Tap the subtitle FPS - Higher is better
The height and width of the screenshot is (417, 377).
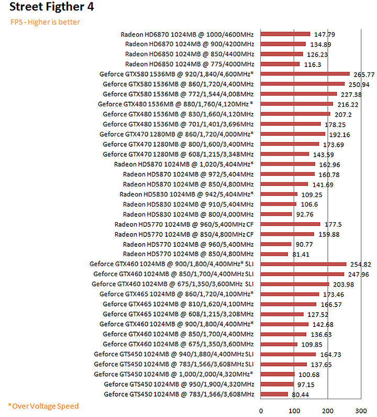coord(46,22)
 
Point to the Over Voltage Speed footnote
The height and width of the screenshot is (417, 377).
coord(43,406)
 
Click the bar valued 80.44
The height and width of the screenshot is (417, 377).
coord(274,394)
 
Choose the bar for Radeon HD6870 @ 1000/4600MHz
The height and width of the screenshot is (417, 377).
coord(285,34)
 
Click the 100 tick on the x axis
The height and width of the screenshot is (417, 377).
coord(294,410)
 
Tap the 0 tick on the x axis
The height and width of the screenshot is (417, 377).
coord(261,410)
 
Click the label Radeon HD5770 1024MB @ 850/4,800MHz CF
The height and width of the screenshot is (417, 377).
coord(184,234)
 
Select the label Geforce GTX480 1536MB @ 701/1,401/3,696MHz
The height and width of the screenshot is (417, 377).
coord(178,124)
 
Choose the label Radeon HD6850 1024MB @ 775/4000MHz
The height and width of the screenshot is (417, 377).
coord(190,64)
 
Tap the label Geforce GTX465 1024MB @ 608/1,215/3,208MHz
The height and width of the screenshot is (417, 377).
coord(178,314)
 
